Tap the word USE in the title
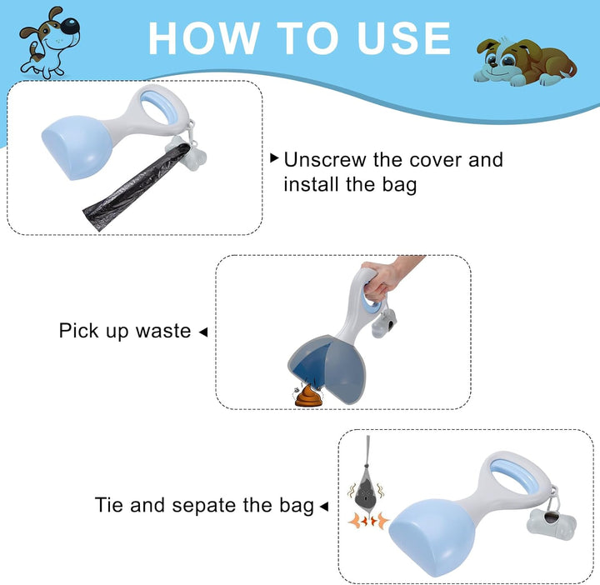tap(403, 38)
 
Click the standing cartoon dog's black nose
tap(70, 26)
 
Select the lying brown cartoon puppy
tap(525, 62)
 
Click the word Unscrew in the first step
tap(325, 159)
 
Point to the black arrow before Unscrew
tap(274, 157)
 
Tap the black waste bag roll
tap(136, 188)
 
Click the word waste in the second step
tap(163, 331)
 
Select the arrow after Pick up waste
tap(203, 332)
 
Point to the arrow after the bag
tap(323, 507)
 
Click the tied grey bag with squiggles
tap(366, 482)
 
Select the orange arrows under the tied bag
tap(368, 521)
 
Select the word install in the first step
tap(312, 184)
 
